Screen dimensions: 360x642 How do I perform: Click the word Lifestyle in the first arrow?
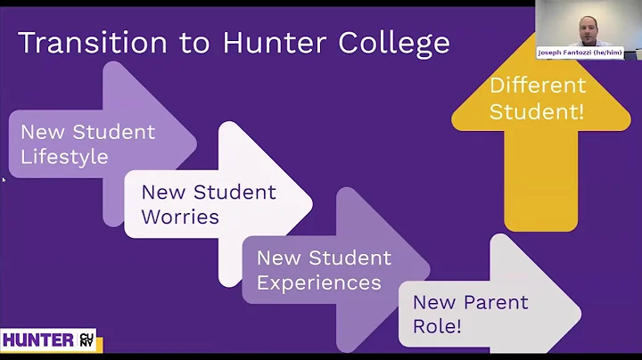64,157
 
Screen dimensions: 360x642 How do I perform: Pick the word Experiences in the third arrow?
318,282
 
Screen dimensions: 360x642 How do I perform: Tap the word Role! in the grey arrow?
437,326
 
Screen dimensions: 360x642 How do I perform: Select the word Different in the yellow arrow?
538,86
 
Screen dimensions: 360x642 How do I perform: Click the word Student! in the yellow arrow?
538,112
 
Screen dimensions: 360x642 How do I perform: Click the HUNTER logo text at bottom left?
37,340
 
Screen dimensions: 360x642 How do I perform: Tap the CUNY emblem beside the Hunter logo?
86,340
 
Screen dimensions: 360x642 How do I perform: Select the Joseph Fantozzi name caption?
580,53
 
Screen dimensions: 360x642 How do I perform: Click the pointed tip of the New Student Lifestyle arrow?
195,143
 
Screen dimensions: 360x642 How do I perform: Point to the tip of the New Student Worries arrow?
310,203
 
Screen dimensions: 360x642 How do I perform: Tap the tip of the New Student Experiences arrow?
430,269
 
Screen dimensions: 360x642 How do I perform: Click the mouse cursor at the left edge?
4,180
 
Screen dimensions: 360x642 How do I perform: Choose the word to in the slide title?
173,44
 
